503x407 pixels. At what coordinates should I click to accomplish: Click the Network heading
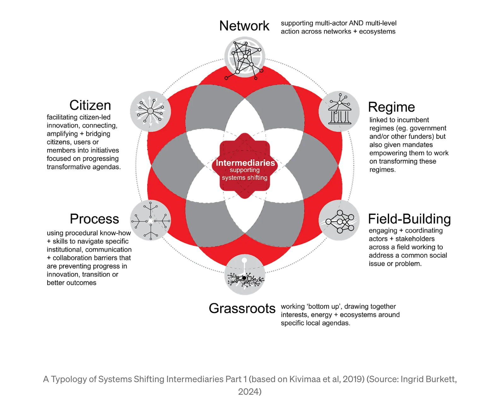tap(244, 26)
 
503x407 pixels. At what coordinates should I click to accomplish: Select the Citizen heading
tap(90, 105)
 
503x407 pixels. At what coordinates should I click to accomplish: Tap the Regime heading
tap(391, 107)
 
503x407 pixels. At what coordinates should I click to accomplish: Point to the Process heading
tap(94, 219)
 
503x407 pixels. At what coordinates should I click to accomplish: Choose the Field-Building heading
tap(409, 219)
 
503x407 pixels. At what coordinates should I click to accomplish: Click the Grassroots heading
tap(242, 308)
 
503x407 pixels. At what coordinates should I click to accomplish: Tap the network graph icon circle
tap(245, 57)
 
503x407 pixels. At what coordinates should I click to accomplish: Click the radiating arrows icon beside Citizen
tap(151, 111)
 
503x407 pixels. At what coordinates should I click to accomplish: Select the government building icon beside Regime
tap(339, 112)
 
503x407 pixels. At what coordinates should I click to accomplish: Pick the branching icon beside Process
tap(151, 221)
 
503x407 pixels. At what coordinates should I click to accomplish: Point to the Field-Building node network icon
tap(339, 221)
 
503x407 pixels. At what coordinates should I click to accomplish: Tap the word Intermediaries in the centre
tap(245, 163)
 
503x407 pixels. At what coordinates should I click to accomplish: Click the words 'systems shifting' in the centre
tap(245, 178)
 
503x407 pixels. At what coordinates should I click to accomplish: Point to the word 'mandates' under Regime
tap(417, 145)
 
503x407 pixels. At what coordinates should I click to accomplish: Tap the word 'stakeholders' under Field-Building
tap(415, 239)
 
